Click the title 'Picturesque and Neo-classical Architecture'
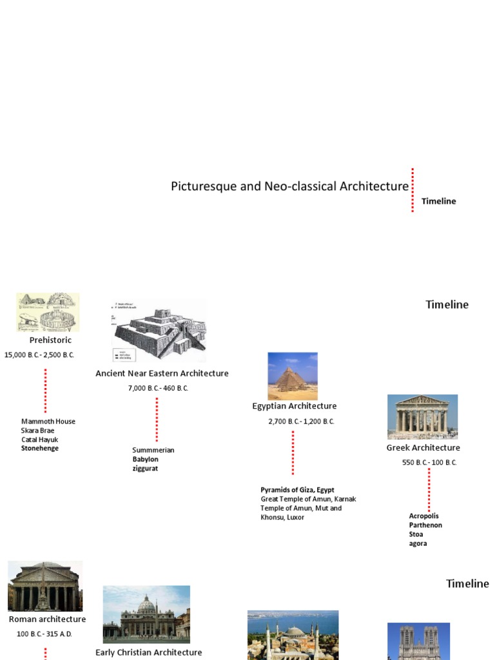pyautogui.click(x=289, y=186)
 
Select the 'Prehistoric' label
pyautogui.click(x=50, y=340)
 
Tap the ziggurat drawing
pyautogui.click(x=159, y=331)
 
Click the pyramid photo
pyautogui.click(x=293, y=376)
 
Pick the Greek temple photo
pyautogui.click(x=422, y=416)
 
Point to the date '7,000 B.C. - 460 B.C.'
pyautogui.click(x=158, y=388)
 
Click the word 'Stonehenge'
pyautogui.click(x=39, y=449)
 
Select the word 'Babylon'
pyautogui.click(x=145, y=460)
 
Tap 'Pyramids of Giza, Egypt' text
pyautogui.click(x=297, y=490)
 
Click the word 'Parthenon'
pyautogui.click(x=425, y=525)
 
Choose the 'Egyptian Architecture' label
pyautogui.click(x=294, y=406)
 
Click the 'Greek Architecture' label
pyautogui.click(x=423, y=448)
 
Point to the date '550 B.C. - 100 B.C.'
pyautogui.click(x=429, y=463)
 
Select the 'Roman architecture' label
pyautogui.click(x=47, y=619)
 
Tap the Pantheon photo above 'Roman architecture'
pyautogui.click(x=45, y=586)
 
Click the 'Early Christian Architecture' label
pyautogui.click(x=148, y=652)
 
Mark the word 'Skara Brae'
pyautogui.click(x=37, y=431)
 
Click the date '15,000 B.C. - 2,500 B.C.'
pyautogui.click(x=39, y=355)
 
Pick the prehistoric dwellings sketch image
pyautogui.click(x=48, y=313)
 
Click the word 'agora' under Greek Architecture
pyautogui.click(x=418, y=543)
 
